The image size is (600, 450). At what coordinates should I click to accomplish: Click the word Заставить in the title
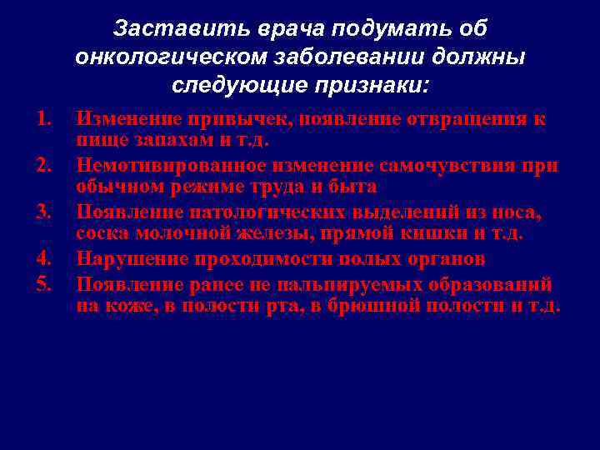point(158,29)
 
